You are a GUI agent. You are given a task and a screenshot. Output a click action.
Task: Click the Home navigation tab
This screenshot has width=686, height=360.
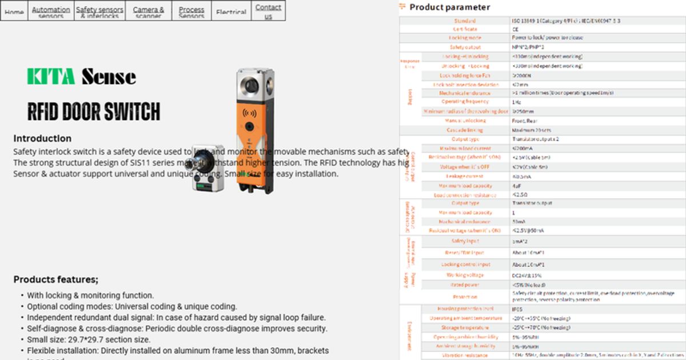pos(14,11)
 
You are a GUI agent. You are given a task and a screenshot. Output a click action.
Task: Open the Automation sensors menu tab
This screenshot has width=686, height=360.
pos(51,11)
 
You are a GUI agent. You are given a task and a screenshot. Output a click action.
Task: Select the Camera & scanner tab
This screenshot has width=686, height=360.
pos(148,11)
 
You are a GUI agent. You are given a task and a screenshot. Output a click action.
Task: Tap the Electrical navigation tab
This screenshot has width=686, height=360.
pos(232,11)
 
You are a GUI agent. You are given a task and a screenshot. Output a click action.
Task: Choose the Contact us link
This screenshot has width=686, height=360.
pos(268,11)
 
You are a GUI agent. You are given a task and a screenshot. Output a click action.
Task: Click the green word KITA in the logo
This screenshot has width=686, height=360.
pos(51,76)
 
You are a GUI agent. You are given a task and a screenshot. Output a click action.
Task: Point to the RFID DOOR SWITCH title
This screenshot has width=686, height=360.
pos(94,111)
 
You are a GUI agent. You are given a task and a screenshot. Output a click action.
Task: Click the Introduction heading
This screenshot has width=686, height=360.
pos(42,138)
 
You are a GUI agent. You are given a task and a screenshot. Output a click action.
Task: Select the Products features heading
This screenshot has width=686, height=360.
pos(56,279)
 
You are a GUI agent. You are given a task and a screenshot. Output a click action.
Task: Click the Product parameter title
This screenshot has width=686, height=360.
pos(449,7)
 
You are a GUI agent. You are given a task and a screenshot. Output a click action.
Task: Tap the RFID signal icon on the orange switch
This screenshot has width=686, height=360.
pos(250,113)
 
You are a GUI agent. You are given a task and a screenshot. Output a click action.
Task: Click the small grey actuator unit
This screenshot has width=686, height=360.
pos(206,168)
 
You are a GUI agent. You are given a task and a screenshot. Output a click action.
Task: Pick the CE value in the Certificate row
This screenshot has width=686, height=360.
pos(516,29)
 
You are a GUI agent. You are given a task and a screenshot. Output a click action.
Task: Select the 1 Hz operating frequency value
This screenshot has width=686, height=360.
pos(517,102)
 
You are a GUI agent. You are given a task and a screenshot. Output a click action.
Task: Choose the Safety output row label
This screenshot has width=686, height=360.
pos(465,47)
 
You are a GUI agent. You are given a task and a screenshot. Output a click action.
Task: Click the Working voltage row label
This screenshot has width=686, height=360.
pos(465,275)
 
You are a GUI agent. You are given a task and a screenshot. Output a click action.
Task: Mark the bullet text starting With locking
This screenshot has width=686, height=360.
pos(90,295)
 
